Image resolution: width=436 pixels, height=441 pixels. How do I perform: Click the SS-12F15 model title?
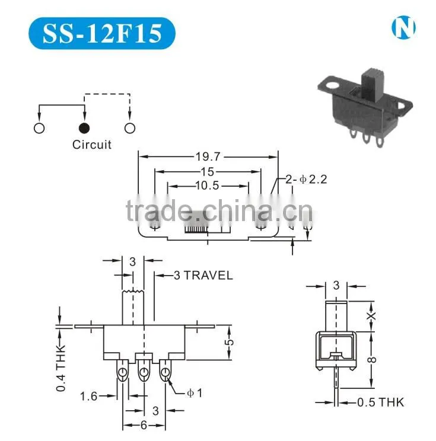click(102, 33)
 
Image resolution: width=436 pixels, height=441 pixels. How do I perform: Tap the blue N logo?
click(403, 27)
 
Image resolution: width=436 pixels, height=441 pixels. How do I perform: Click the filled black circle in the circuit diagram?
click(84, 128)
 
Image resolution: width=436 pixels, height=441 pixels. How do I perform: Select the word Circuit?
click(92, 145)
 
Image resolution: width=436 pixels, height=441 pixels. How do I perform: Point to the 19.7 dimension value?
click(208, 156)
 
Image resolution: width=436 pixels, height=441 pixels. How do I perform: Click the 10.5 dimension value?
click(207, 186)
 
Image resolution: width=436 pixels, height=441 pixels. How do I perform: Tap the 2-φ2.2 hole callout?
click(306, 179)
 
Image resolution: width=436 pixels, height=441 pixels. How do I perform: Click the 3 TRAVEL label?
click(203, 276)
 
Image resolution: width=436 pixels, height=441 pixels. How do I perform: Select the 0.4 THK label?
click(61, 368)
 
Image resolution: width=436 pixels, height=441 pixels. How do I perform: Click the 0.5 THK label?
click(381, 402)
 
